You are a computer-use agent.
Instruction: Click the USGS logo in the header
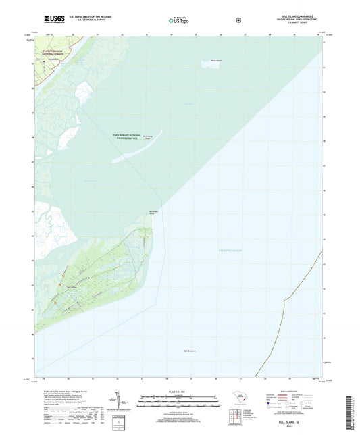coord(53,20)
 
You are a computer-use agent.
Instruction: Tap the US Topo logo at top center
coord(179,21)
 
